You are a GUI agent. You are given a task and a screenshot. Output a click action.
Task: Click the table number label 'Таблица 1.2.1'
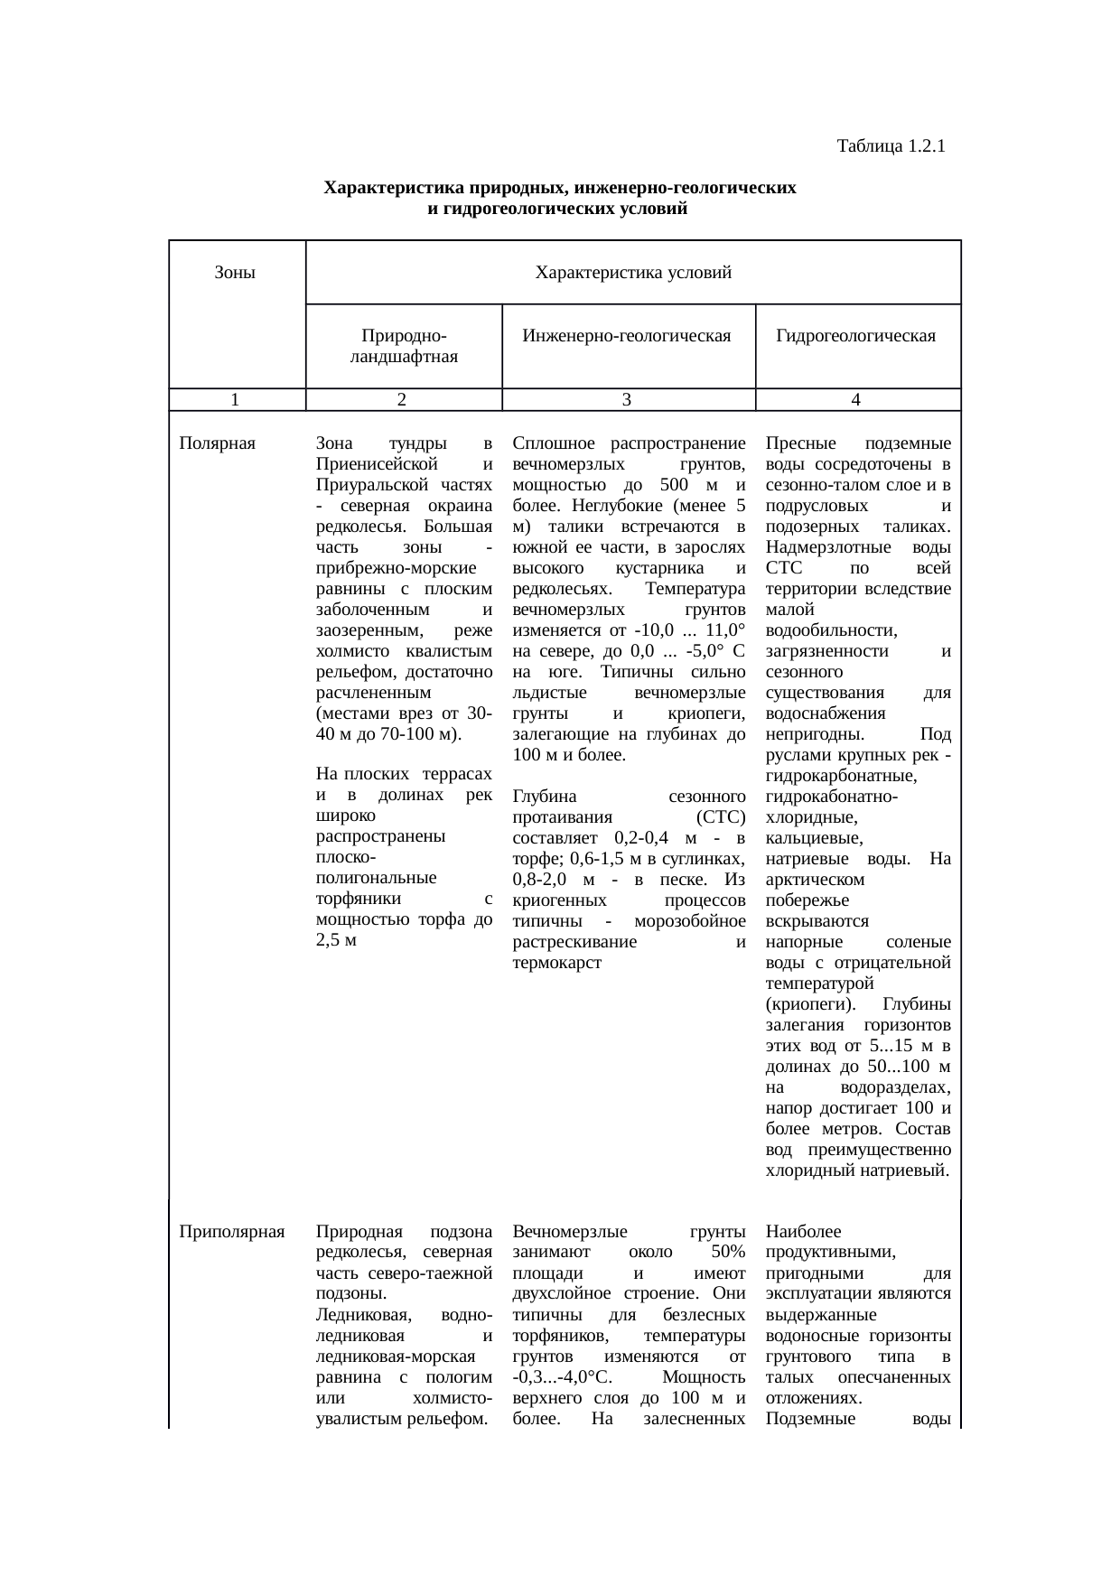[x=890, y=145]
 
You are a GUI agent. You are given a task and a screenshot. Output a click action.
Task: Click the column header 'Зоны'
[x=235, y=272]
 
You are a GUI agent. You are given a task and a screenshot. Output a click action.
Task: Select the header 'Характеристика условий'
[x=632, y=272]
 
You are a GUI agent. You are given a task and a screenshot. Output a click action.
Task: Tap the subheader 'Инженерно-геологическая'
[x=627, y=337]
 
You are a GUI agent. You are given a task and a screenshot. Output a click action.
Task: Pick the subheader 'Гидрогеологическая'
[x=855, y=337]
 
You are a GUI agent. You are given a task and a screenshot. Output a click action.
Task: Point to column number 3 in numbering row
[x=626, y=399]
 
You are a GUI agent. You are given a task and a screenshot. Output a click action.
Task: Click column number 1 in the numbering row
[x=235, y=399]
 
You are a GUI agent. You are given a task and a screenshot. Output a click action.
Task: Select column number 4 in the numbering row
[x=855, y=399]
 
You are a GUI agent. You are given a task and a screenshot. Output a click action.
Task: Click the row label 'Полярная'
[x=218, y=443]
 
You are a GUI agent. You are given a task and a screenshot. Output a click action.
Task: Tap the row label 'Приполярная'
[x=232, y=1231]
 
